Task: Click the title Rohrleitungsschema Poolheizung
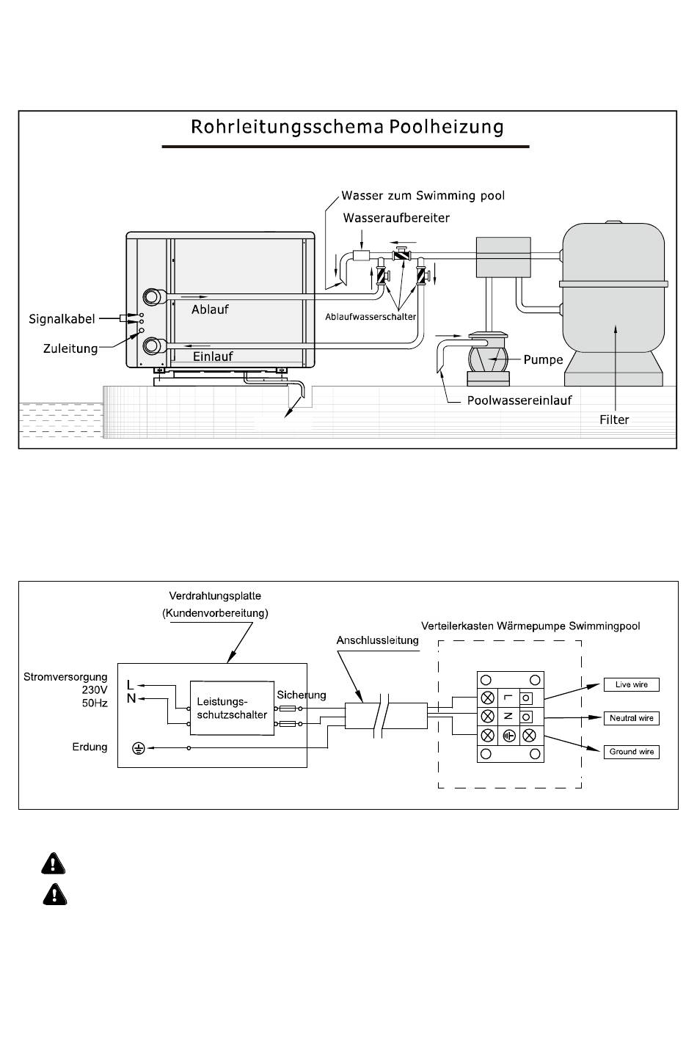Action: tap(347, 127)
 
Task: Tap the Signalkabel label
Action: tap(62, 319)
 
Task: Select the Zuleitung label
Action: tap(70, 348)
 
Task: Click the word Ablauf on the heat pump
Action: tap(210, 310)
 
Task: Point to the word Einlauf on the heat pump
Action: tap(213, 356)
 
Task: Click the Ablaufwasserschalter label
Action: tap(371, 317)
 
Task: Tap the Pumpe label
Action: tap(543, 359)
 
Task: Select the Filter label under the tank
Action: tap(614, 420)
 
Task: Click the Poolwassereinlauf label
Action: tap(519, 400)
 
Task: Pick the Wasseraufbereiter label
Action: tap(396, 218)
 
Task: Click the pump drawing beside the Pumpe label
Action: tap(487, 359)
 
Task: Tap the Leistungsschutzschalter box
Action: tap(232, 708)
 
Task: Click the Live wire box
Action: tap(631, 684)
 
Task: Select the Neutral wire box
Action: tap(631, 718)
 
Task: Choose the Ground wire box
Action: tap(631, 752)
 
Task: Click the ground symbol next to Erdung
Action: tap(139, 748)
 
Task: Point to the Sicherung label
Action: tap(302, 695)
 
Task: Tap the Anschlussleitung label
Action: tap(377, 640)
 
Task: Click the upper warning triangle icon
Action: tap(53, 863)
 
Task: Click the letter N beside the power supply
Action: tap(131, 698)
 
